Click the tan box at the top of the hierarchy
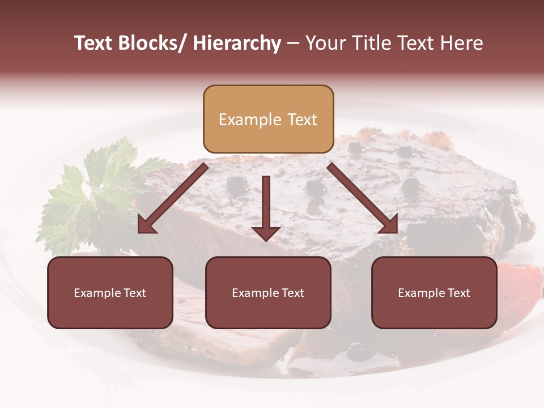point(268,119)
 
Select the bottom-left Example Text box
point(110,292)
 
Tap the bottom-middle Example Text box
point(268,292)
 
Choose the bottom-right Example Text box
point(434,292)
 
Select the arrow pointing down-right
point(363,199)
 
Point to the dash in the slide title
point(293,44)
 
